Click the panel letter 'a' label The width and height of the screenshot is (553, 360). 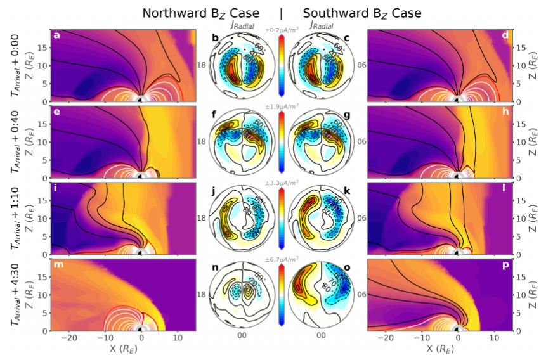(56, 35)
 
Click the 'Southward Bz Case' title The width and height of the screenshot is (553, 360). (362, 13)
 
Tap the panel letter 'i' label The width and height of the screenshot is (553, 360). (56, 187)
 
